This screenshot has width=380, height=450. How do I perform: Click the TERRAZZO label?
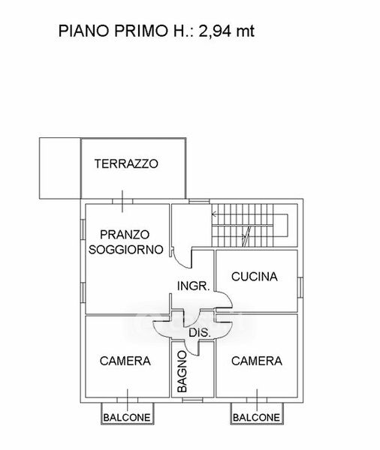[126, 163]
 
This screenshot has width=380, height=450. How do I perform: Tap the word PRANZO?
[125, 235]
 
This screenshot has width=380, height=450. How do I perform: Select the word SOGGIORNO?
[126, 250]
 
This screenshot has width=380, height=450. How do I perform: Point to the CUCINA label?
[255, 277]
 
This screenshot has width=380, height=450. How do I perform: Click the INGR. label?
[194, 286]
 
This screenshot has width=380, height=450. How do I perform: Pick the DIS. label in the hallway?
[200, 333]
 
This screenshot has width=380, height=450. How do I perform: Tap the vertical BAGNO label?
[182, 372]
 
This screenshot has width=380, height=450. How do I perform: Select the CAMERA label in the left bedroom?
[125, 361]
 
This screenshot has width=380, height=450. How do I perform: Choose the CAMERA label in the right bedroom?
[257, 361]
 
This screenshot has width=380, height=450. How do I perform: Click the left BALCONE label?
[127, 417]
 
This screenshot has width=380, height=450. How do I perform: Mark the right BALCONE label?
[256, 417]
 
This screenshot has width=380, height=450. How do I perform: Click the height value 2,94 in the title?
[215, 31]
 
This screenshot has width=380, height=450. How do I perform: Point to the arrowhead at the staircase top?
[214, 214]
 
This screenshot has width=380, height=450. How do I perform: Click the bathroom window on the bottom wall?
[192, 400]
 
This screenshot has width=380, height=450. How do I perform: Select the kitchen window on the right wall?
[300, 287]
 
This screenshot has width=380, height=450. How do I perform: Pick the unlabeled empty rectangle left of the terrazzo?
[60, 168]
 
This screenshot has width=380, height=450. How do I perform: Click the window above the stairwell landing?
[199, 202]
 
